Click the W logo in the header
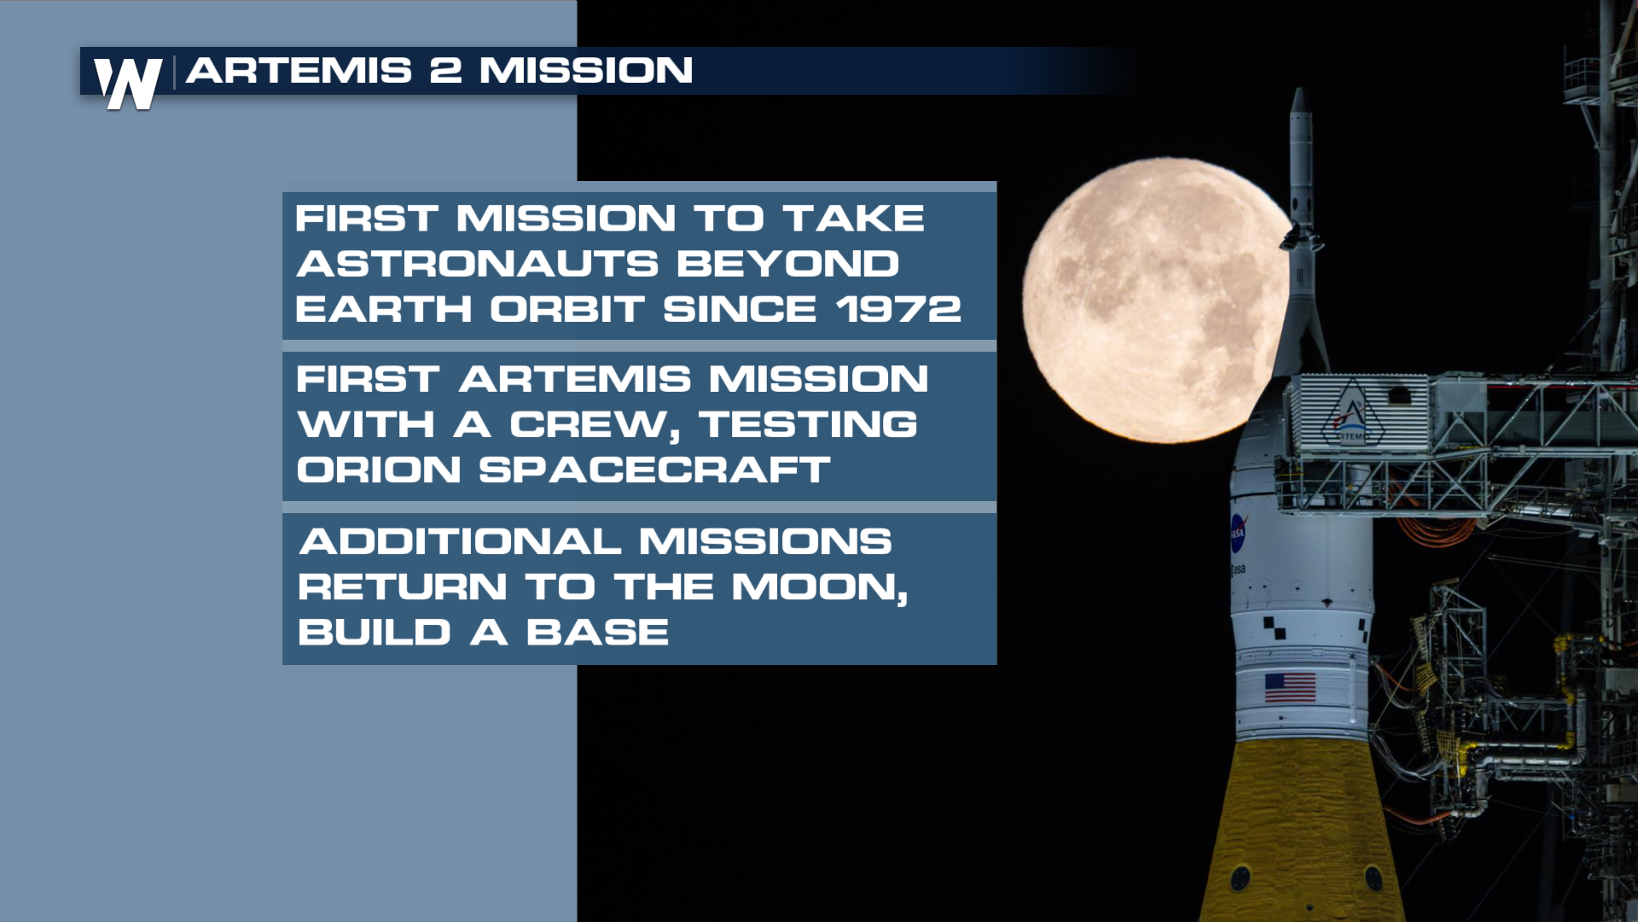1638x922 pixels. coord(128,84)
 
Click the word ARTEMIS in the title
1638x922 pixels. coord(299,71)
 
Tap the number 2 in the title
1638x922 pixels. coord(445,71)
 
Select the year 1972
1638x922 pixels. coord(898,309)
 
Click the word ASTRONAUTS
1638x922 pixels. coord(478,264)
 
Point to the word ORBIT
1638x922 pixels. coord(567,309)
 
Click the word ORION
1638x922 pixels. coord(379,470)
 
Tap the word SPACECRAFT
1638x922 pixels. coord(654,470)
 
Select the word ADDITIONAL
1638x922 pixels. coord(460,541)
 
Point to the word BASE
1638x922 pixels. coord(597,633)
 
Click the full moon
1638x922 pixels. coord(1156,300)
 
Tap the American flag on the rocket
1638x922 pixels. coord(1290,687)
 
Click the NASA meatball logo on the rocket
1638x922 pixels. coord(1238,533)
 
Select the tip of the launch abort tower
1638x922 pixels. coord(1300,88)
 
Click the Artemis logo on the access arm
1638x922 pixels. coord(1352,414)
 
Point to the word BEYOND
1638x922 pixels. coord(787,264)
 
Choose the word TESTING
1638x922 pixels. coord(808,425)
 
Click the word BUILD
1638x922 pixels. coord(375,633)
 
